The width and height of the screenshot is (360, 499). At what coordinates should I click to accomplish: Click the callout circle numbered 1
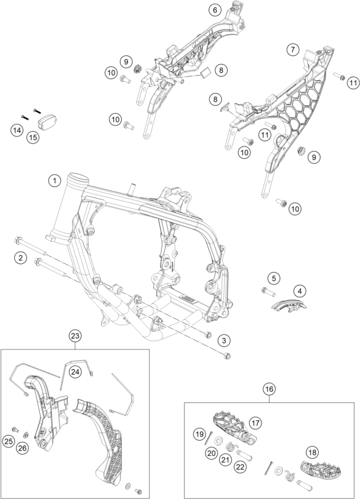click(55, 181)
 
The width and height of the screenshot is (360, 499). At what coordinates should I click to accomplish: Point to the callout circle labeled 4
click(300, 290)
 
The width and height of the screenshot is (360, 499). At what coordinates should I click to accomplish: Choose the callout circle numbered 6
click(215, 10)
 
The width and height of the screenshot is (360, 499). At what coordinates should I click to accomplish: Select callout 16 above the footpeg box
click(269, 389)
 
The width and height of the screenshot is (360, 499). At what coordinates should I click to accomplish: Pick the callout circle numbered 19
click(200, 435)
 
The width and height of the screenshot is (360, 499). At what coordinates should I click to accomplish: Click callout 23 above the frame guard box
click(75, 336)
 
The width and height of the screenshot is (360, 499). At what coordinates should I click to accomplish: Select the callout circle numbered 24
click(74, 372)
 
